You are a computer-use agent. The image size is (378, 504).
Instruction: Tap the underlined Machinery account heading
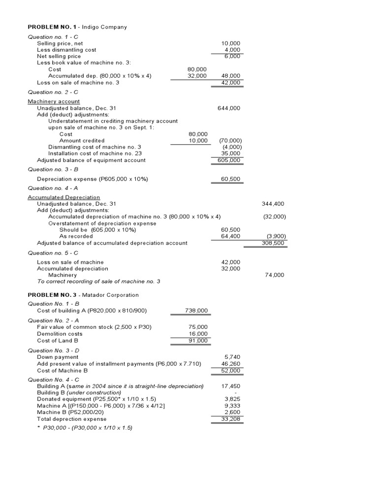coord(54,101)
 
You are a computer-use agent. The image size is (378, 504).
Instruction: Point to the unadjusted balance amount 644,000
coord(229,108)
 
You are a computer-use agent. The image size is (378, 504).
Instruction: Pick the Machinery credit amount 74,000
coord(274,275)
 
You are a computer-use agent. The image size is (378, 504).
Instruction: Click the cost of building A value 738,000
coord(196,311)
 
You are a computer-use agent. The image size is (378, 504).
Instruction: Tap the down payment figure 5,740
coord(232,357)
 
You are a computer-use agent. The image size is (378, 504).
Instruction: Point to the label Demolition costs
coord(59,334)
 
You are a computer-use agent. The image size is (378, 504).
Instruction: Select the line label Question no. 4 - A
coord(53,188)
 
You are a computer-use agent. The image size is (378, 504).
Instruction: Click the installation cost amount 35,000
coord(230,154)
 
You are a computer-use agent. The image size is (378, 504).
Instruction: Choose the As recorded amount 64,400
coord(230,236)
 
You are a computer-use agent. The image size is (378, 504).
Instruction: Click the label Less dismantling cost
coord(66,50)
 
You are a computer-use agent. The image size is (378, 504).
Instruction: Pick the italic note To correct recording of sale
coord(98,282)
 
